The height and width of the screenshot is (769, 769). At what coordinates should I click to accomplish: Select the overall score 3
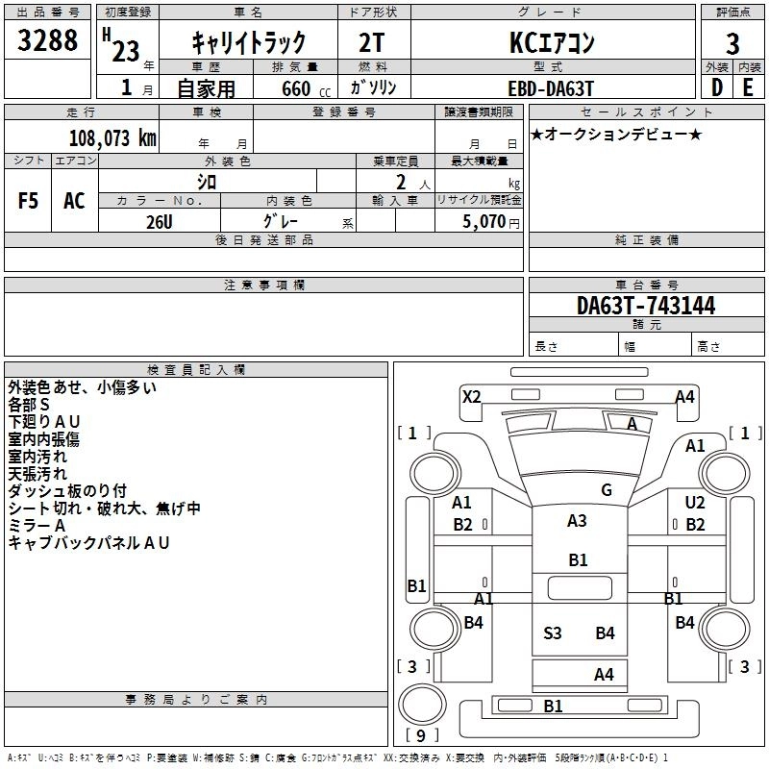pyautogui.click(x=732, y=43)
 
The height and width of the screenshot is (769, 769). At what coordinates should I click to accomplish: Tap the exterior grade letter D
pyautogui.click(x=716, y=87)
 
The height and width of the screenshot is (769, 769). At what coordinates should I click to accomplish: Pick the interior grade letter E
pyautogui.click(x=747, y=87)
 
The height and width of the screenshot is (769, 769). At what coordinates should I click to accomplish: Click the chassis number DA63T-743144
pyautogui.click(x=646, y=306)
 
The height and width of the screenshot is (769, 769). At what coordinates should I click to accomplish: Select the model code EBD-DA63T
pyautogui.click(x=552, y=87)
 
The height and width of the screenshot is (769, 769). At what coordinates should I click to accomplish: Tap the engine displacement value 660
pyautogui.click(x=294, y=87)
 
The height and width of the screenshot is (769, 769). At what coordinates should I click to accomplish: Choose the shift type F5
pyautogui.click(x=28, y=201)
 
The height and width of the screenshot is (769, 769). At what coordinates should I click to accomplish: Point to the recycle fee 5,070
pyautogui.click(x=485, y=221)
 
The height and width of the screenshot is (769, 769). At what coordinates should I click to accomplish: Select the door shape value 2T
pyautogui.click(x=373, y=42)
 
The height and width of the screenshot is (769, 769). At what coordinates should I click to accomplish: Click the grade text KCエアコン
pyautogui.click(x=552, y=42)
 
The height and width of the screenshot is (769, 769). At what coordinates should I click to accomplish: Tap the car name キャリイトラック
pyautogui.click(x=249, y=42)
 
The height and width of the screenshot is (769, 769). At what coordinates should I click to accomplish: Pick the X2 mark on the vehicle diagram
pyautogui.click(x=471, y=396)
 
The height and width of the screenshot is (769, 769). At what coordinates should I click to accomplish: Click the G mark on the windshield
pyautogui.click(x=607, y=490)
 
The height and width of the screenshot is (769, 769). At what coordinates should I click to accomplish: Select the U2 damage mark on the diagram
pyautogui.click(x=695, y=503)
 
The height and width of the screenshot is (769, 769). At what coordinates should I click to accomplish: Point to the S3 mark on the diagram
pyautogui.click(x=553, y=633)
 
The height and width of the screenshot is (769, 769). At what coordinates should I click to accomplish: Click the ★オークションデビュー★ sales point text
pyautogui.click(x=616, y=134)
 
